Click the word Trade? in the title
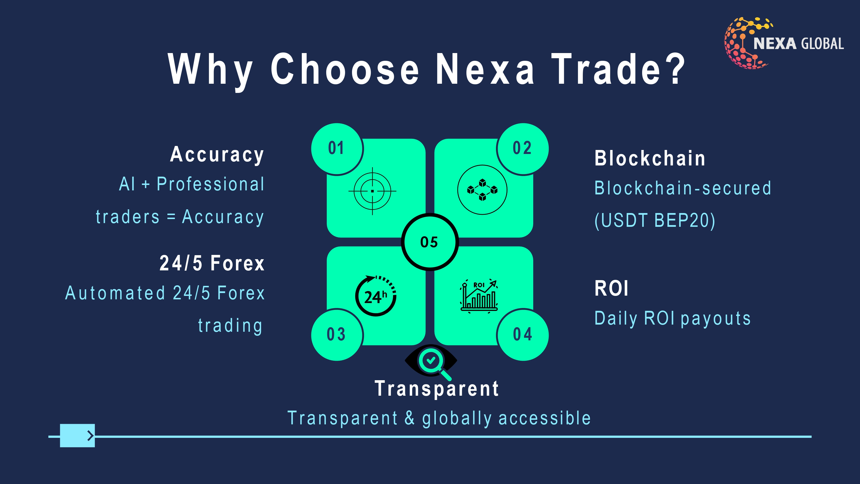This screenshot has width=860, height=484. point(618,69)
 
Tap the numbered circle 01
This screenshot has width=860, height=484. point(337,149)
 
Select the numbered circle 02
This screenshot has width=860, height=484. point(523,149)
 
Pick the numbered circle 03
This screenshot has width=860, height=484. point(337,335)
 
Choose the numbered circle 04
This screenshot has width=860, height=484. point(523,335)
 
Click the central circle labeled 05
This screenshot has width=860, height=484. point(430,242)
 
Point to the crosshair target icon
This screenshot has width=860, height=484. point(372,191)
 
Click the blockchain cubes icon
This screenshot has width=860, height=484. point(482,190)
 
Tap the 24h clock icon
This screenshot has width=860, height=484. point(376,296)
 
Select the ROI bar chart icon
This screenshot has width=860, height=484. point(479,296)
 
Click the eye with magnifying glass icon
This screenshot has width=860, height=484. point(431,362)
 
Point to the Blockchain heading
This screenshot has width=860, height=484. point(650,158)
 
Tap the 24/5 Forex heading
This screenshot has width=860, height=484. point(212,263)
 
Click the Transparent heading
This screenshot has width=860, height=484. point(437,389)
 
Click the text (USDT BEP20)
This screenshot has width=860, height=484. point(655,220)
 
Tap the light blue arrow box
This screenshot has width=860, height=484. point(77,436)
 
